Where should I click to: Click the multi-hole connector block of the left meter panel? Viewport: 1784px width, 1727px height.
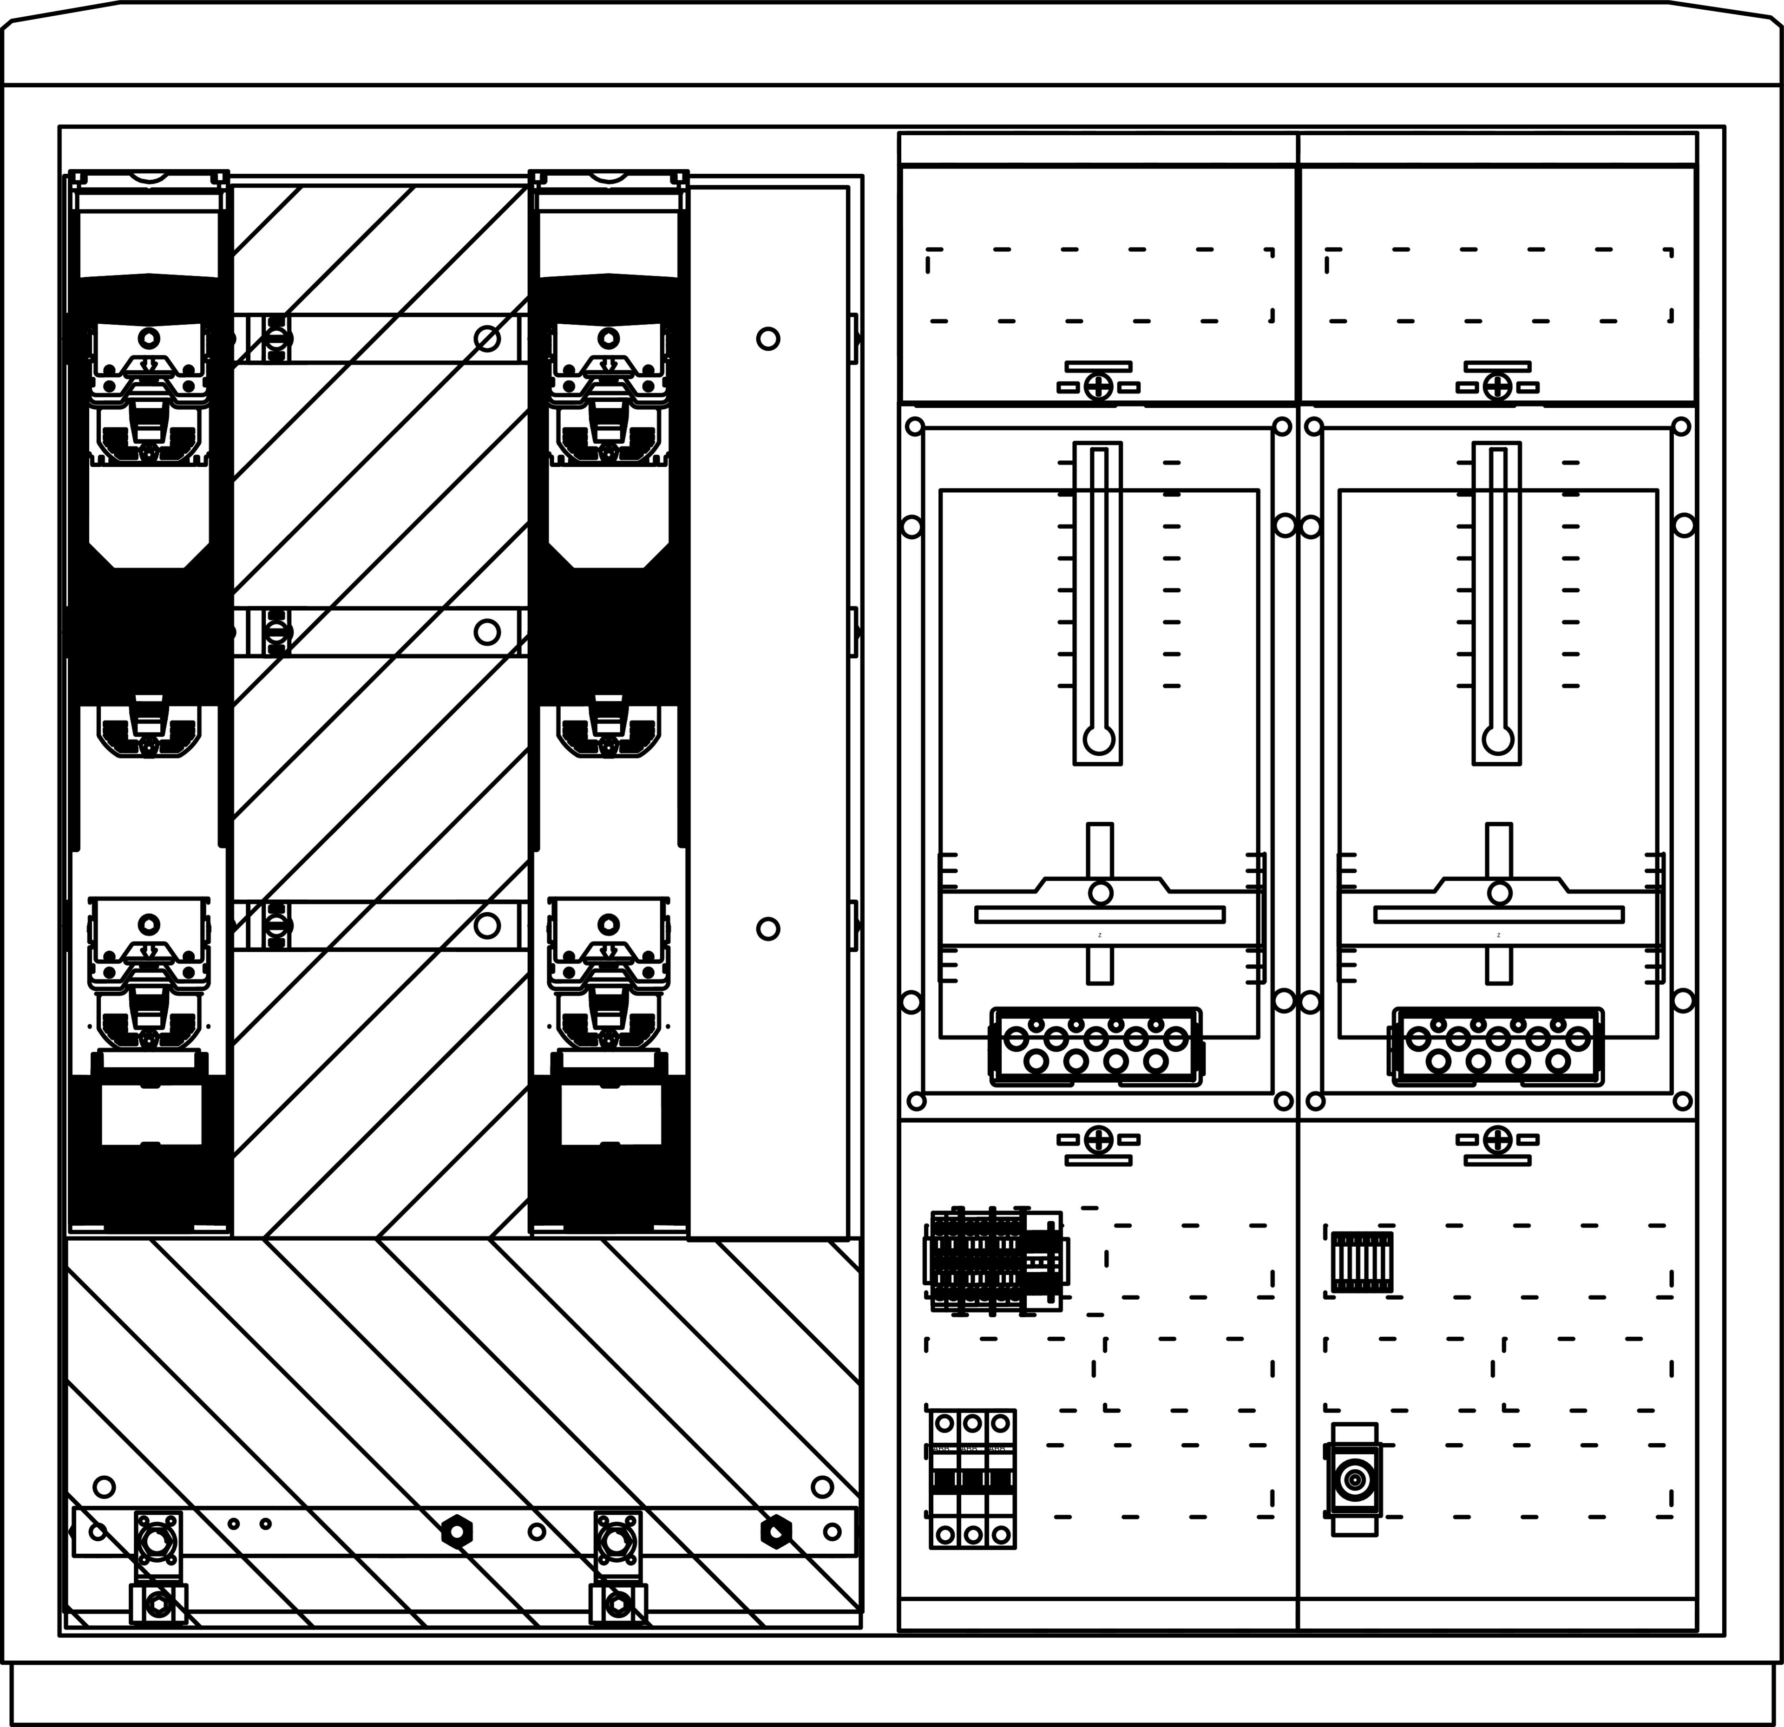(1096, 1047)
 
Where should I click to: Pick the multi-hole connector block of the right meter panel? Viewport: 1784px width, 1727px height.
(1497, 1047)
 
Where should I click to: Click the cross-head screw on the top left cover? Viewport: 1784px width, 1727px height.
(1099, 387)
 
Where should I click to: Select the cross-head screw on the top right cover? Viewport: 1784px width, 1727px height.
(1497, 387)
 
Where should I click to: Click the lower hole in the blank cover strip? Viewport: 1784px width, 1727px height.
(768, 929)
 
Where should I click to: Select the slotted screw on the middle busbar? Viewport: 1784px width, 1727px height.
(277, 631)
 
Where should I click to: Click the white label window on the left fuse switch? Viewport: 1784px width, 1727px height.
(151, 1115)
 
